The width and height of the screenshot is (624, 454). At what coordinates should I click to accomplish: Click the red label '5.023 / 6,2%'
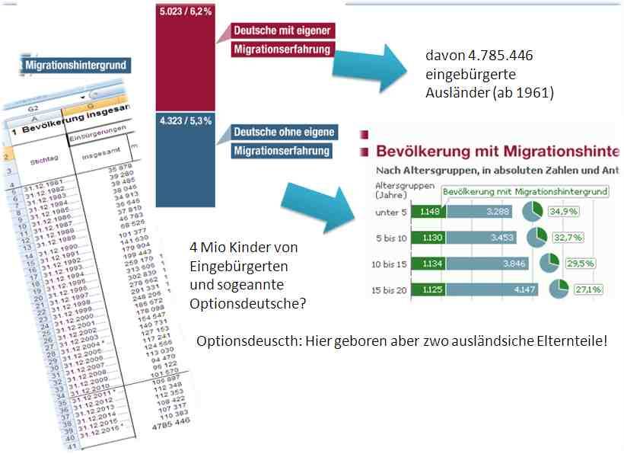[184, 12]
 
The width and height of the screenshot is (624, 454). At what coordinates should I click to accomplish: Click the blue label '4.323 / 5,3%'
[185, 120]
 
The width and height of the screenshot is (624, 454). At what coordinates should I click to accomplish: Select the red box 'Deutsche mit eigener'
[282, 30]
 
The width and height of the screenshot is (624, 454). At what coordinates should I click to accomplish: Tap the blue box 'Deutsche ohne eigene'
[284, 133]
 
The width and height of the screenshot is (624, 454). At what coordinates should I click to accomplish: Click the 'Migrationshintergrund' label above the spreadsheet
[75, 66]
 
